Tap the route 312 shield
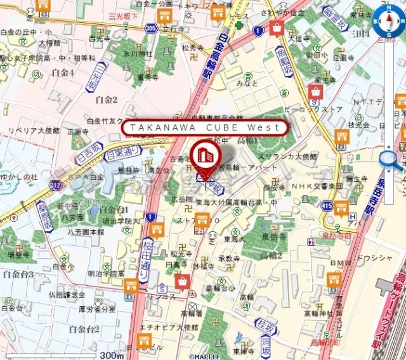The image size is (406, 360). [55, 185]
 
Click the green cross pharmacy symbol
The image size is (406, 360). [239, 25]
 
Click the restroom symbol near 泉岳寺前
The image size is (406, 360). [311, 241]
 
